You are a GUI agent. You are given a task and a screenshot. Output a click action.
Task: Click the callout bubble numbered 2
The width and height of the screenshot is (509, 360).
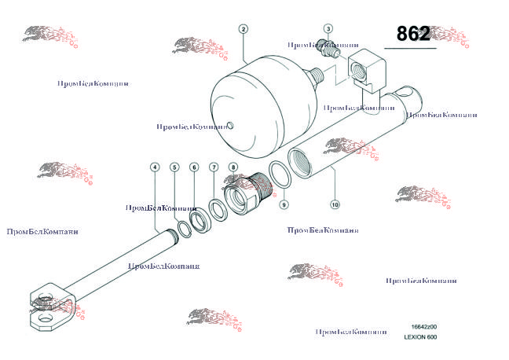(x=244, y=29)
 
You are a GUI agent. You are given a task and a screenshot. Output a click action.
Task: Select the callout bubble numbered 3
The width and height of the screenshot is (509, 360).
(x=328, y=29)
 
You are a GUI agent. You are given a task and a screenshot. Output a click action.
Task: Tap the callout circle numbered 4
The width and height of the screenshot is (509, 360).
(x=155, y=167)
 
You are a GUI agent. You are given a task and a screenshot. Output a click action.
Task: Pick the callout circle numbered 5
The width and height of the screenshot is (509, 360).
(x=174, y=167)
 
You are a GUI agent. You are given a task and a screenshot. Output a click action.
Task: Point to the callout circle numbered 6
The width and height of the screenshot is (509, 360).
(x=194, y=167)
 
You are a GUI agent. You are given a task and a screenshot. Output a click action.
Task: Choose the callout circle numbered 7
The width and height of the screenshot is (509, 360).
(x=214, y=167)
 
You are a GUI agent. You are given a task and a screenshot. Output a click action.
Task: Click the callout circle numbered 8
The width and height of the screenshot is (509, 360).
(x=233, y=167)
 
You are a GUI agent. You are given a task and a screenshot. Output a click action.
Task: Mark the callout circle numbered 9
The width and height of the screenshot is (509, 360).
(x=284, y=204)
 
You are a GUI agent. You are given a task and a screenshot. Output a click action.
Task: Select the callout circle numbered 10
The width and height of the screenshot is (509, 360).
(x=335, y=204)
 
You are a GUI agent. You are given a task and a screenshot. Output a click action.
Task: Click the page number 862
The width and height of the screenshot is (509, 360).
(x=413, y=34)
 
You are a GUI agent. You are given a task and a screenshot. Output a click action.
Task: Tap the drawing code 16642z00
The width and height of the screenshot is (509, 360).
(x=424, y=326)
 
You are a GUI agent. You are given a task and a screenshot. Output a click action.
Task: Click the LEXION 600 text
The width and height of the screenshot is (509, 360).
(x=420, y=337)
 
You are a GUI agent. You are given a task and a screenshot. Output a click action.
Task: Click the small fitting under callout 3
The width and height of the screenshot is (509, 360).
(x=331, y=48)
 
